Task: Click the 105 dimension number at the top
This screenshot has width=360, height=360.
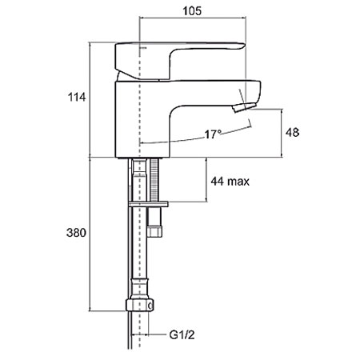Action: click(x=192, y=11)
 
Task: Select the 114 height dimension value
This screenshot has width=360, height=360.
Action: click(x=77, y=97)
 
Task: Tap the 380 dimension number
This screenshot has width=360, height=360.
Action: click(x=76, y=233)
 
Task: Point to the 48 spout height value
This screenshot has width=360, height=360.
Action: click(x=292, y=133)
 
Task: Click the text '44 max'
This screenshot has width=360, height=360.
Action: click(x=230, y=182)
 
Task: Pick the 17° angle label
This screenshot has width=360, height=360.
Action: click(x=213, y=134)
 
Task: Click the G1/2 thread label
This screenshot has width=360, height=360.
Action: click(x=182, y=335)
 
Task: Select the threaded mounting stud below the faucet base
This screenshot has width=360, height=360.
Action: click(x=154, y=180)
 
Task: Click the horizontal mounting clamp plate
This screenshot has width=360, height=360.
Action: click(x=148, y=205)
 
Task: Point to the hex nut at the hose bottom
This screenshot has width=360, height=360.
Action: click(x=139, y=305)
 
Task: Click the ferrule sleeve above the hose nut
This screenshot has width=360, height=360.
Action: click(x=139, y=289)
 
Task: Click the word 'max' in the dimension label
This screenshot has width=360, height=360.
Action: click(x=238, y=182)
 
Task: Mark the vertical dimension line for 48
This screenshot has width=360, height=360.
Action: click(x=282, y=133)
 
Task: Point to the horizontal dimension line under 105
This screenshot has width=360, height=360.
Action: click(x=193, y=18)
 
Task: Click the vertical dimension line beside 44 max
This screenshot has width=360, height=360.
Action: click(x=206, y=180)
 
